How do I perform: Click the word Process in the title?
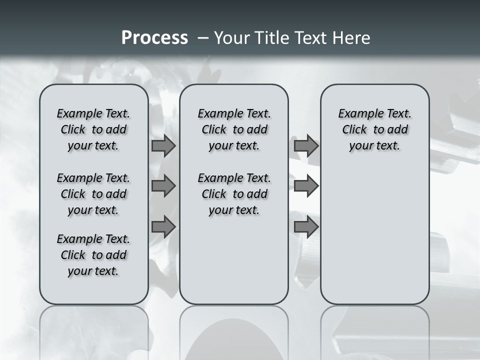[154, 38]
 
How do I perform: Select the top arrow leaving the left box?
[163, 146]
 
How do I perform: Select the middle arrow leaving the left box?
[163, 186]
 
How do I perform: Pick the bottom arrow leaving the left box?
[163, 226]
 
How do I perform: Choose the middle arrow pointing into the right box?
[306, 186]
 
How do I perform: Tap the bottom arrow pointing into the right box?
[306, 226]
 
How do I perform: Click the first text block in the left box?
[93, 129]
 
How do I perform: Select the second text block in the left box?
[93, 194]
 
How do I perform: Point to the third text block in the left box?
[93, 255]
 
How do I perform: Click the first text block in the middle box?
[234, 129]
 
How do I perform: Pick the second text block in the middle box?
[234, 194]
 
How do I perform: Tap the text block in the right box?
[374, 129]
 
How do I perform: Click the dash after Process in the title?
[203, 38]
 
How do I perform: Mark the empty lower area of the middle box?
[234, 260]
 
